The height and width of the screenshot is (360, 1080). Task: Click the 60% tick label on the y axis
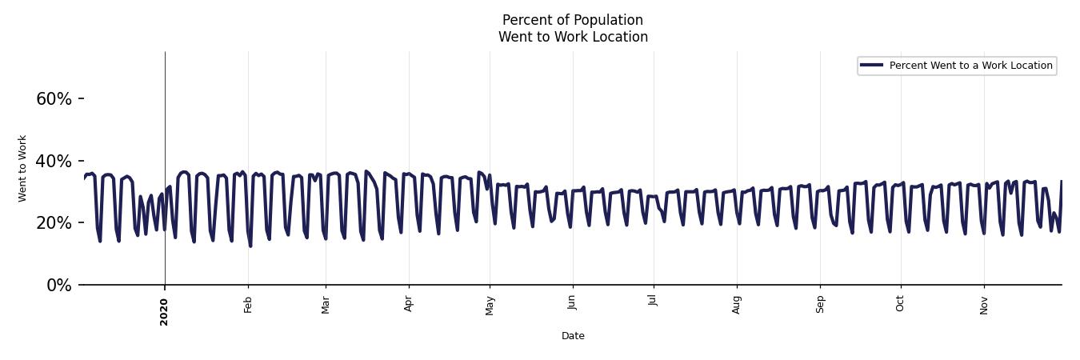point(54,99)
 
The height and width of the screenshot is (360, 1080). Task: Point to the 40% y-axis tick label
point(54,162)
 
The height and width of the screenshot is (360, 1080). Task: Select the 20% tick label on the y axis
point(54,223)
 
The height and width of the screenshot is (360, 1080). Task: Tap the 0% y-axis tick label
point(58,286)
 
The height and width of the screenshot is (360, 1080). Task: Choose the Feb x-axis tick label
point(248,305)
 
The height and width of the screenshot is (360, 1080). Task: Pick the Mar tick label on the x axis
point(326,305)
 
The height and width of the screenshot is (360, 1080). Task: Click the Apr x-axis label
point(409,305)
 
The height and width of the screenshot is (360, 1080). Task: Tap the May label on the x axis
point(490,306)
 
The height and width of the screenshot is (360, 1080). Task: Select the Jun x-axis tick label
point(573,305)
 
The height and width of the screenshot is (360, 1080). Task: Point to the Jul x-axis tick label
point(654,303)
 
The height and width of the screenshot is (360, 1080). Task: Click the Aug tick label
point(737,305)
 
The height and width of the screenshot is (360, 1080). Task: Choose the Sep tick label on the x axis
point(820,305)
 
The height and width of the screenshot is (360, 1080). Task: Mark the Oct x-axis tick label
point(901,304)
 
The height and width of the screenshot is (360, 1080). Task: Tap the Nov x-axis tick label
point(984,305)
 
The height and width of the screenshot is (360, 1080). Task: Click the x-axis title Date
point(573,336)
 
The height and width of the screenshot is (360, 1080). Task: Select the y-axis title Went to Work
point(22,168)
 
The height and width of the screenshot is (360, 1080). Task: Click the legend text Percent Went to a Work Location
point(970,66)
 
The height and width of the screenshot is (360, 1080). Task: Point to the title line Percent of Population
point(573,20)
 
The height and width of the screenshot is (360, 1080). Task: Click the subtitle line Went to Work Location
point(573,37)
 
